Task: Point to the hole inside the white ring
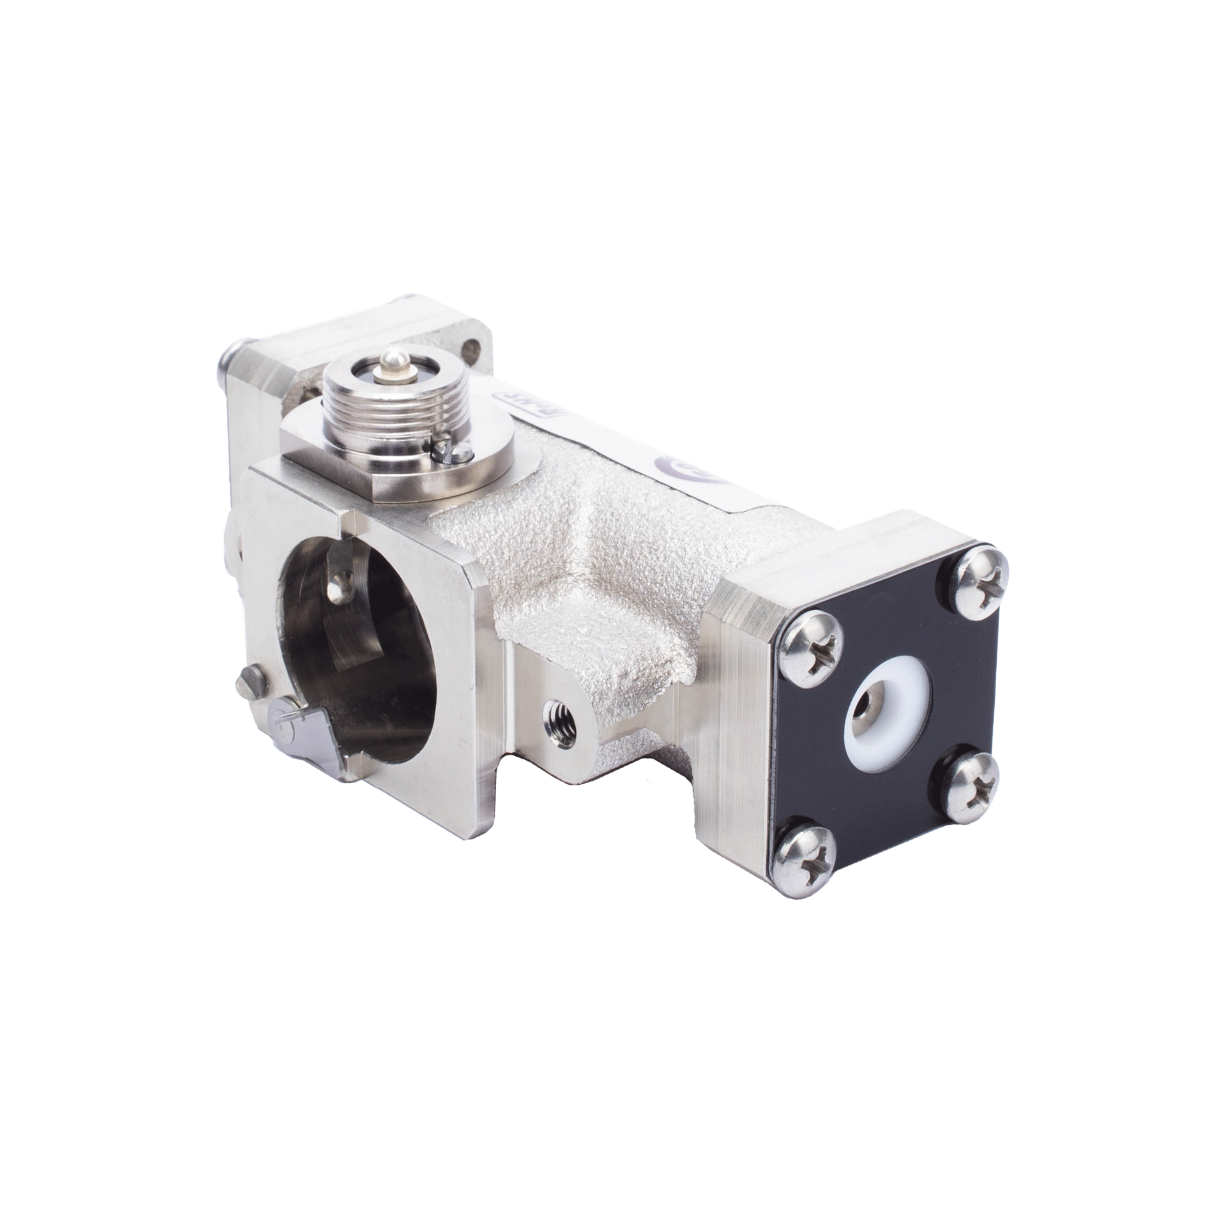tap(870, 705)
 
